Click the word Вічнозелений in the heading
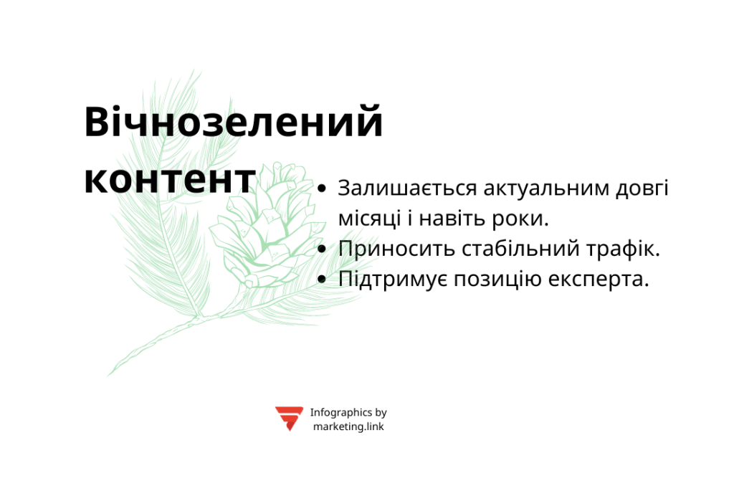point(234,123)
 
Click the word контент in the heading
point(170,180)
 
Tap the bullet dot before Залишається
point(322,189)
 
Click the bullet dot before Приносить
point(322,249)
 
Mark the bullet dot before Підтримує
point(322,280)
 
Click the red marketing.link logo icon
point(289,418)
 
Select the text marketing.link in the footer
point(348,427)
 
